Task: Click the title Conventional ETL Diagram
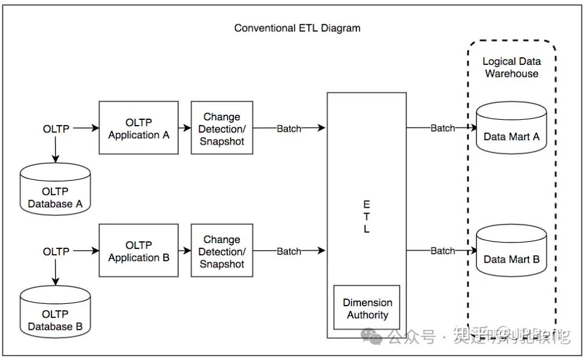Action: tap(297, 28)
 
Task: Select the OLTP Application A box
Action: tap(138, 128)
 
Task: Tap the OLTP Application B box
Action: tap(138, 251)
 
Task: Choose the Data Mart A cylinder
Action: tap(511, 130)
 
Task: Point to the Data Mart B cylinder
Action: tap(511, 252)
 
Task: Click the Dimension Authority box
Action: tap(367, 308)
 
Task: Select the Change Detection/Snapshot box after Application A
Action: tap(222, 128)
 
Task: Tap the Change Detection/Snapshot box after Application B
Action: tap(222, 251)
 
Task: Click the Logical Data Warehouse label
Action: tap(511, 67)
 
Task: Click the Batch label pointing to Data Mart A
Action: tap(443, 128)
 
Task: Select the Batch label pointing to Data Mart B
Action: tap(443, 251)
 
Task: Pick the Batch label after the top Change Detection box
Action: tap(288, 128)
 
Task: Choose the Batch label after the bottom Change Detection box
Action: tap(288, 251)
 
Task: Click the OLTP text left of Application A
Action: tap(56, 128)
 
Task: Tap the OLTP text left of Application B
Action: tap(56, 251)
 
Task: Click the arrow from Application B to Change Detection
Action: tap(185, 251)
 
